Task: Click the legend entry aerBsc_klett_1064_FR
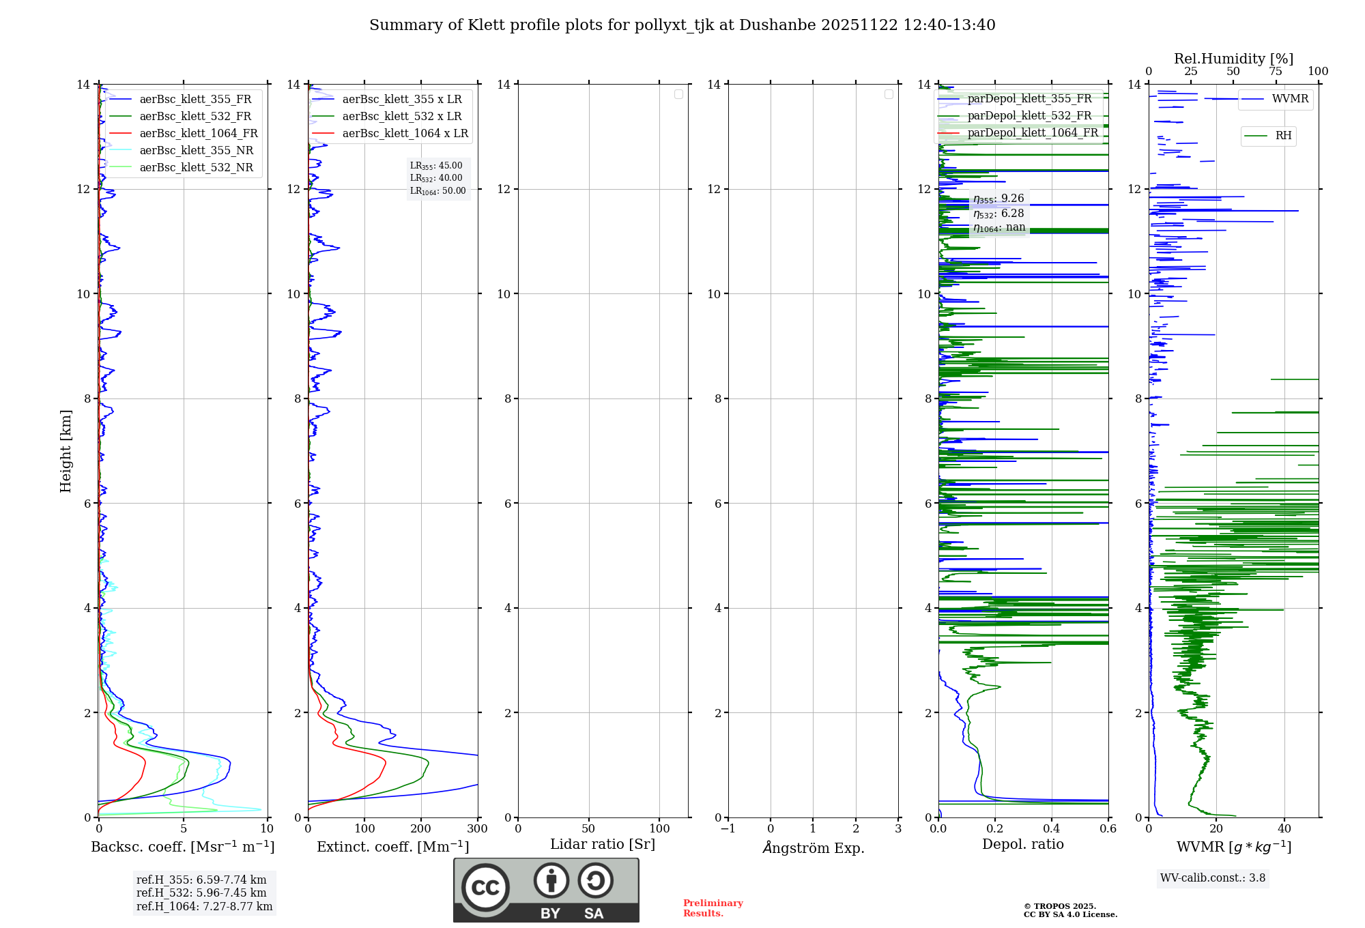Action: [199, 134]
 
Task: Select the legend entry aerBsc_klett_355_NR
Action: [196, 151]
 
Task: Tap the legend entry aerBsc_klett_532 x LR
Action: [401, 117]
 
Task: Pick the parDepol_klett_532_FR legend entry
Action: [1029, 116]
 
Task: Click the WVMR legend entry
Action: [1290, 99]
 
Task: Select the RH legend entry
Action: [1283, 136]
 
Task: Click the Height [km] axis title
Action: [66, 451]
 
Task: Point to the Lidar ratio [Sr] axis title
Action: [603, 845]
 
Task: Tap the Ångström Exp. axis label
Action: [813, 848]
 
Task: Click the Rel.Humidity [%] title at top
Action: [1233, 59]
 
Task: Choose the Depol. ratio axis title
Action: [1022, 845]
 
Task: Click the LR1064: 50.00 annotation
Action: [438, 191]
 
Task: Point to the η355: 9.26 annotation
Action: [998, 199]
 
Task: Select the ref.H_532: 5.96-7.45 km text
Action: [201, 893]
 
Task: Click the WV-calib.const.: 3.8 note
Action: [1213, 878]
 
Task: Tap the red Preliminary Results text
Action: [713, 908]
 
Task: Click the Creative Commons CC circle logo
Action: [485, 888]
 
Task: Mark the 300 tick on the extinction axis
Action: [477, 829]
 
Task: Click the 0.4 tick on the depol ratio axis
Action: [1051, 829]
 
